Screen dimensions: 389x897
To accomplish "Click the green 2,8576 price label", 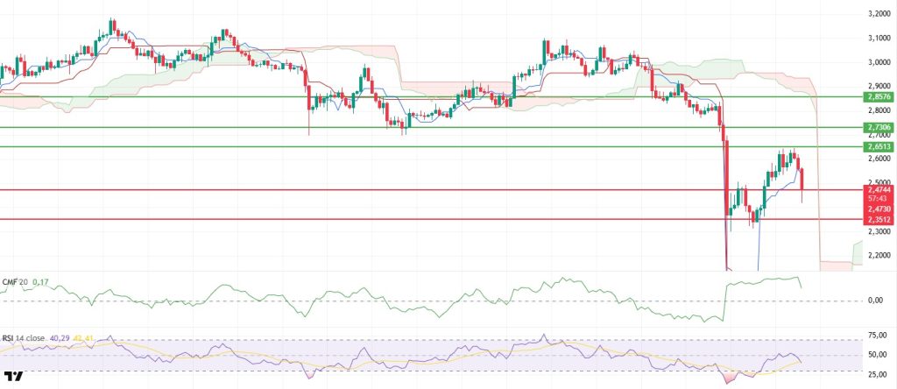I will click(x=879, y=96).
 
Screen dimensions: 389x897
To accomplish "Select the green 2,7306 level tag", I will click(x=879, y=127).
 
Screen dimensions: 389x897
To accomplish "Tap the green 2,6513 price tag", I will click(x=879, y=147).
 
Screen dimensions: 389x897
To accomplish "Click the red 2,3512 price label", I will click(x=879, y=220).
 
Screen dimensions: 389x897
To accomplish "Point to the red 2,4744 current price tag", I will click(x=879, y=189).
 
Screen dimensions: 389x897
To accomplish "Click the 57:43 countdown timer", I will click(x=879, y=199).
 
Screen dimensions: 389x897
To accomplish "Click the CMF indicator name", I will click(x=11, y=281).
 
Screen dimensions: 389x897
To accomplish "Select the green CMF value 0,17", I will click(x=39, y=281).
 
